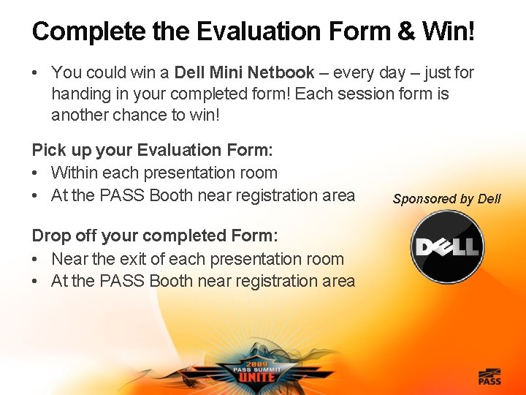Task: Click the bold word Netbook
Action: [x=281, y=72]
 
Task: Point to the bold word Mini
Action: [x=226, y=72]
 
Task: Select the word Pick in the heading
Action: [x=47, y=150]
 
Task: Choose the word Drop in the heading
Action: [x=50, y=236]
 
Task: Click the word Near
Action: [x=69, y=259]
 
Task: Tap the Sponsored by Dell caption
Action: [x=446, y=199]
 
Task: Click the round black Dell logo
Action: [x=446, y=247]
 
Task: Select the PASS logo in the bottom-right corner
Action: [x=489, y=377]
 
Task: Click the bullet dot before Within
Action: [x=36, y=173]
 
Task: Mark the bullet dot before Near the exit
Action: [x=36, y=260]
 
